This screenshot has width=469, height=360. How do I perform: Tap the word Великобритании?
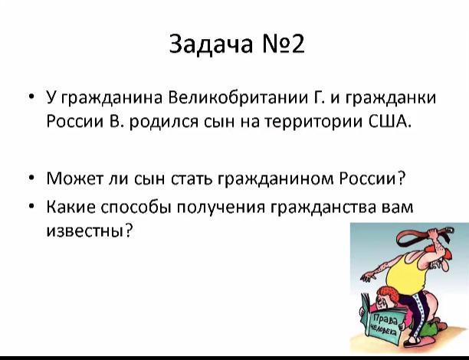point(238,97)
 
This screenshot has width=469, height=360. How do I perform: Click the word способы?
point(136,207)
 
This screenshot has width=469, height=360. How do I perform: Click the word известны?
point(89,231)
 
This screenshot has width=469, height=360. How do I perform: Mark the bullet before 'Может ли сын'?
point(31,178)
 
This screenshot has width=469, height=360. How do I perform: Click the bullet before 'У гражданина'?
point(31,97)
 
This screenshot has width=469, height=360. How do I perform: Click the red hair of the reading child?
point(389,292)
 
